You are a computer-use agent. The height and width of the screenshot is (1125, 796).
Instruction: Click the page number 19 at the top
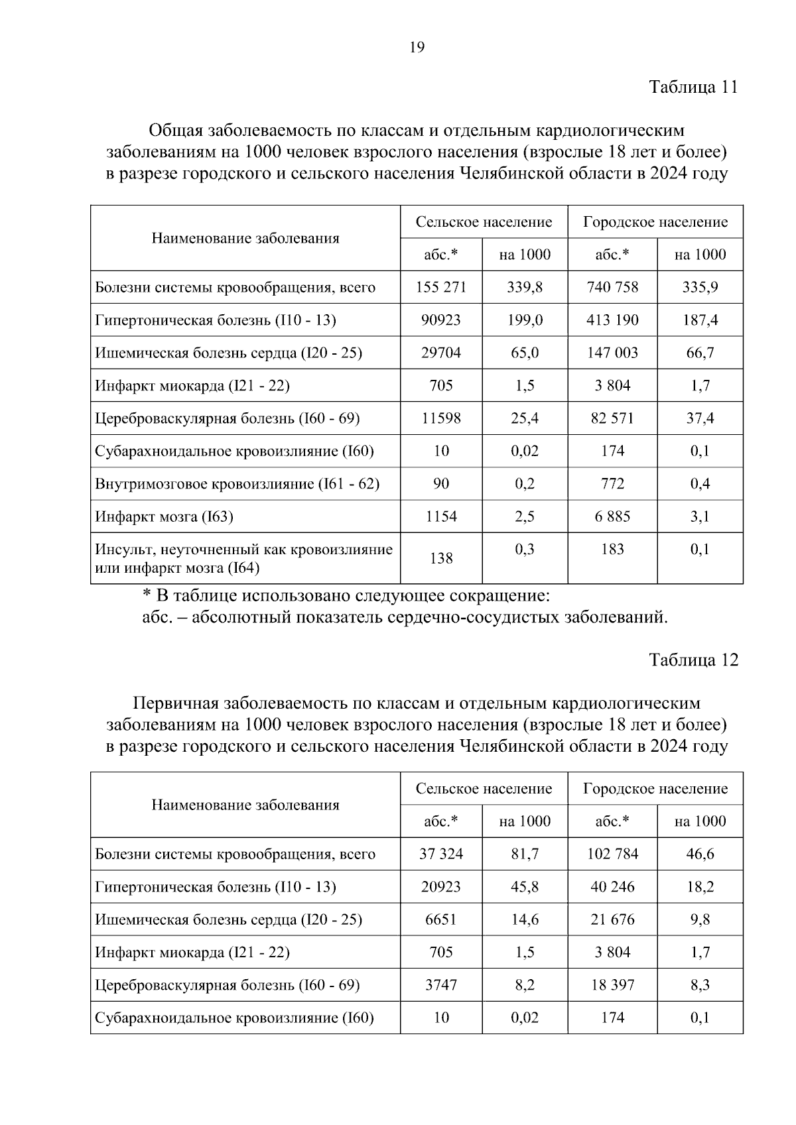(x=417, y=47)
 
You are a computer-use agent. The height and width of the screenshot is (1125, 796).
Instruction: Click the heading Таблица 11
(x=693, y=87)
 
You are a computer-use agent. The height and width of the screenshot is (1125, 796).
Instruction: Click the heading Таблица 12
(x=693, y=660)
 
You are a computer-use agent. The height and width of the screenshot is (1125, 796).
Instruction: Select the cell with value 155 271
(x=441, y=287)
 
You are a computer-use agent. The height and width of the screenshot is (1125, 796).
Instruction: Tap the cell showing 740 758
(x=612, y=287)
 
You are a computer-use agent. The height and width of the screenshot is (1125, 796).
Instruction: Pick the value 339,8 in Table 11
(x=525, y=287)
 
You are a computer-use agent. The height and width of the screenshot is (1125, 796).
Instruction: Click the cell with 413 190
(x=612, y=320)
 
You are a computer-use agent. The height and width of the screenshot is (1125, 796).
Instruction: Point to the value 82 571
(x=612, y=418)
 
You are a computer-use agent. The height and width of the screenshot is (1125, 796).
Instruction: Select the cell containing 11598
(x=441, y=418)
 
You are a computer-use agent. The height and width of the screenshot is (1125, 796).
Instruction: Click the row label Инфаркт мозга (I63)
(x=164, y=516)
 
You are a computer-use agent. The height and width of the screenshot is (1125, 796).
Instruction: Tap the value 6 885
(x=612, y=516)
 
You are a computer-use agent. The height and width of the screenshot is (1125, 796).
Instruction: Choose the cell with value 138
(x=441, y=558)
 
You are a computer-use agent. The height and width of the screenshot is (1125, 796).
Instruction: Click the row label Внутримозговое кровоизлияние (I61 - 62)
(x=237, y=484)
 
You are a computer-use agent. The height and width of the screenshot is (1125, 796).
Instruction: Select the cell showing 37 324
(x=441, y=854)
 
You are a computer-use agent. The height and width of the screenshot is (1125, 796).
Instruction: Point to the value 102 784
(x=612, y=854)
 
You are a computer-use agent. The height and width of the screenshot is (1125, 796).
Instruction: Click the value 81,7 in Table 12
(x=525, y=854)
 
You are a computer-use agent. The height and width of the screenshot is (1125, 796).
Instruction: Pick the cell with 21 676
(x=612, y=919)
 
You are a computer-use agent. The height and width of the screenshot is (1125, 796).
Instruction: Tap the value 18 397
(x=612, y=985)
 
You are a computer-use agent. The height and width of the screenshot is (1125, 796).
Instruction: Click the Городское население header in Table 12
(x=655, y=789)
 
